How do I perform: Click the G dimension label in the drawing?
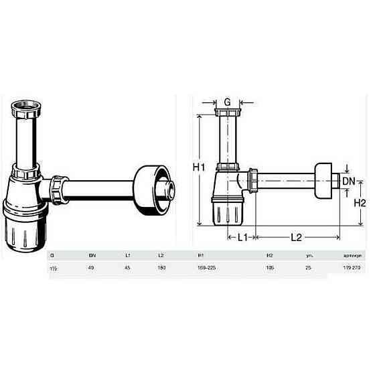(228, 102)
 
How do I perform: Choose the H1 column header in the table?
(201, 256)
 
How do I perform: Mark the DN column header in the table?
(92, 256)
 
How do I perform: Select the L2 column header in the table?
(161, 256)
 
